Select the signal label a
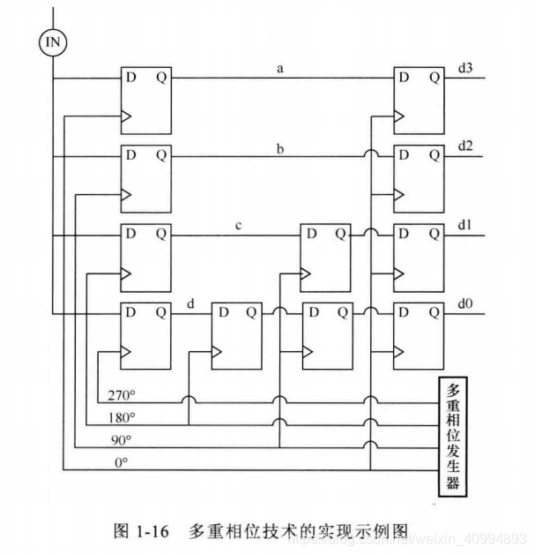pos(279,68)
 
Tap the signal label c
pos(238,225)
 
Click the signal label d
pos(191,304)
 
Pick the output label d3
pos(464,68)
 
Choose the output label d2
pos(464,146)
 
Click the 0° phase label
pos(121,460)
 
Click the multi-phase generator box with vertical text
pos(453,437)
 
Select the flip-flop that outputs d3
pos(418,99)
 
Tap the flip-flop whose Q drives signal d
pos(145,334)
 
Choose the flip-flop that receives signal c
pos(325,256)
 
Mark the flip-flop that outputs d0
pos(418,334)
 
